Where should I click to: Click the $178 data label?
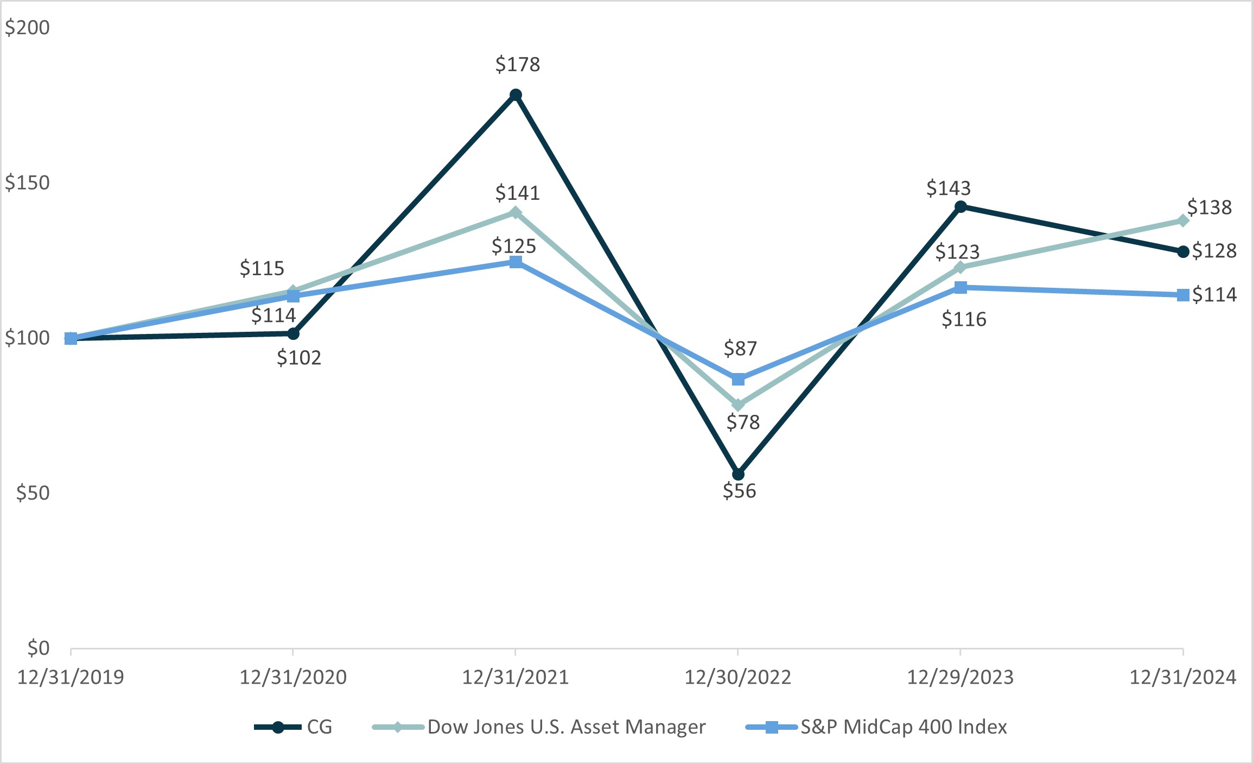coord(517,65)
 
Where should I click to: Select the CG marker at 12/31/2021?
coord(516,95)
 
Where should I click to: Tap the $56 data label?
coord(739,491)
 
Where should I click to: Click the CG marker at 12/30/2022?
coord(738,474)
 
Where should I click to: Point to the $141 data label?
coord(517,193)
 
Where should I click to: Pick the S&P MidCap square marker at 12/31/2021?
coord(516,262)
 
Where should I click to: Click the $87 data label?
coord(740,348)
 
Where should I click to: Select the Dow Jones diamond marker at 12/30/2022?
coord(738,405)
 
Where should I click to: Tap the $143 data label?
coord(948,188)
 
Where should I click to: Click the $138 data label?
coord(1209,207)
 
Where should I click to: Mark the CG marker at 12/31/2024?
coord(1183,251)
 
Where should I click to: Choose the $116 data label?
coord(964,319)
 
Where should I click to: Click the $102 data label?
coord(299,357)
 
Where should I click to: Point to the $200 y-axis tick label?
coord(27,27)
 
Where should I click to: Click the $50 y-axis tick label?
coord(33,493)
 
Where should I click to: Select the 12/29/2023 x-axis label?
coord(960,677)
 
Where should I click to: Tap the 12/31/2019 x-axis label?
coord(71,677)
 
